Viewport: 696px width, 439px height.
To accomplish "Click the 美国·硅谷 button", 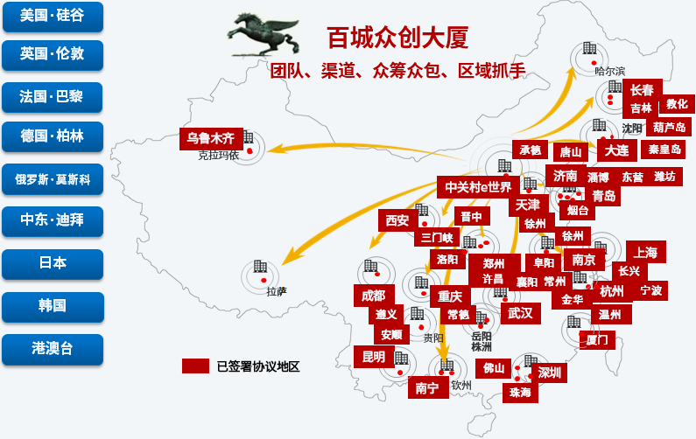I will [53, 17].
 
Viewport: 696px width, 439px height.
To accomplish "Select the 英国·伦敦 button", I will [53, 55].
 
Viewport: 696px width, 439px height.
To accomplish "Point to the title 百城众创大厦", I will [397, 38].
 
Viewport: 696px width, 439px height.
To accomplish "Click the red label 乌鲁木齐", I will [210, 138].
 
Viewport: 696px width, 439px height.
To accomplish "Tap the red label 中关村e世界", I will [478, 187].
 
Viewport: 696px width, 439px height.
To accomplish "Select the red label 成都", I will [372, 296].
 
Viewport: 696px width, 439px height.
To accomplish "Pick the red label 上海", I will [646, 252].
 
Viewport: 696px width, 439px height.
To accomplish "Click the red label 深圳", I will [549, 373].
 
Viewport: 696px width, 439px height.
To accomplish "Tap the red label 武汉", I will [520, 313].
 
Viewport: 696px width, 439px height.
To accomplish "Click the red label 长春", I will [642, 90].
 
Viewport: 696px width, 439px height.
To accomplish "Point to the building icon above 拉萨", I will [260, 266].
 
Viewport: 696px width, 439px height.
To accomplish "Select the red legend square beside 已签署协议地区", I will [195, 366].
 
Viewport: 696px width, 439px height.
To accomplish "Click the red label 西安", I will [397, 220].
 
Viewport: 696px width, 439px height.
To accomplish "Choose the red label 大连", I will [616, 150].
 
